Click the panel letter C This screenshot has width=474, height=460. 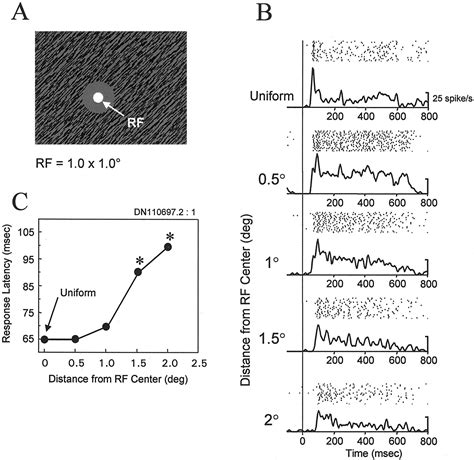tap(18, 202)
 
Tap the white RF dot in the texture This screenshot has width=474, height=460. tap(98, 98)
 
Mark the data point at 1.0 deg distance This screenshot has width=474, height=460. tap(106, 327)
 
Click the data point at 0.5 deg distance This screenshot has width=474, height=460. tap(75, 339)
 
